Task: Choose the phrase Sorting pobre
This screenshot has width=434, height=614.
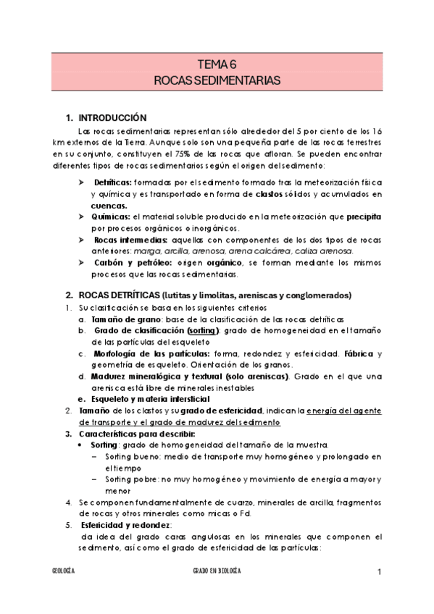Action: [x=129, y=479]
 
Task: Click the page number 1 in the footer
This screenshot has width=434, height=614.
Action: [x=379, y=572]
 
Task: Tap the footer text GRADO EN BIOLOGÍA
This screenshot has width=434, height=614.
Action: [x=217, y=572]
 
